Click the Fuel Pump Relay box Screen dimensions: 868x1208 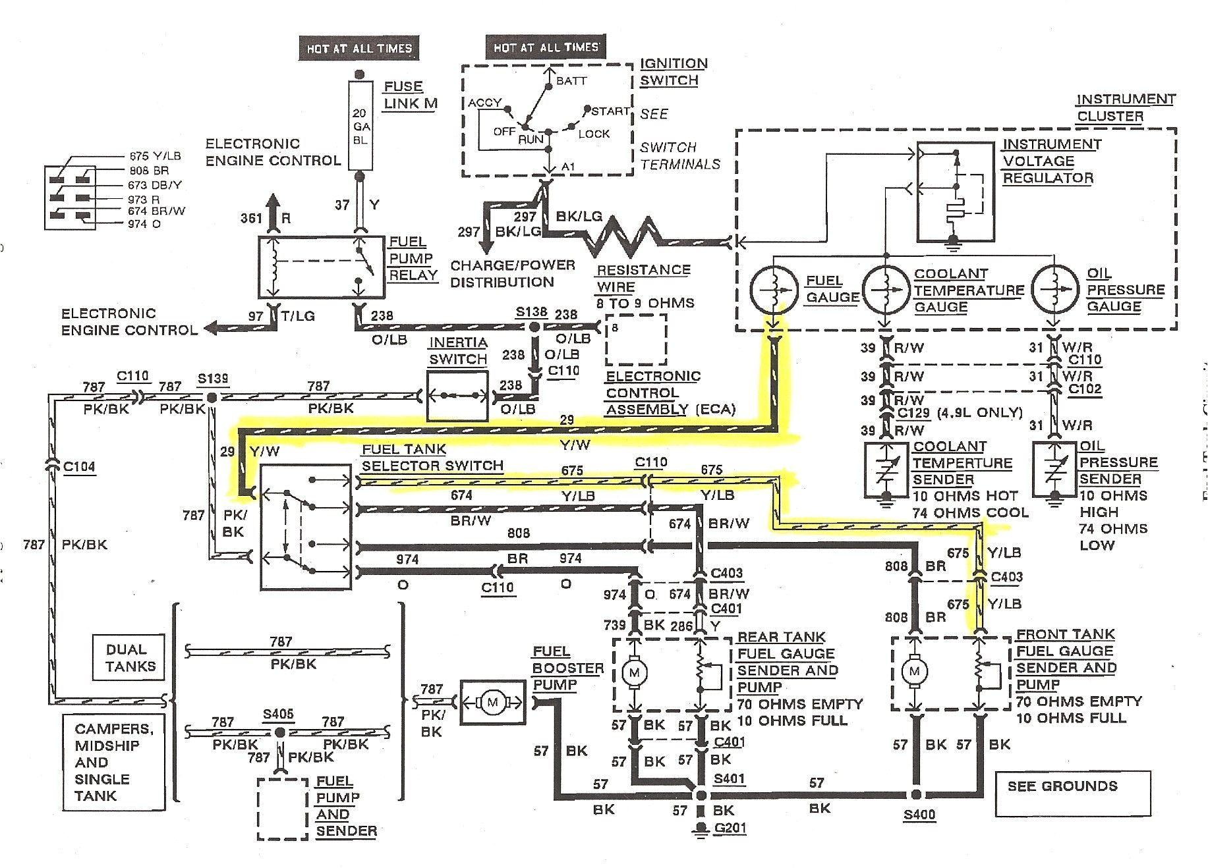320,267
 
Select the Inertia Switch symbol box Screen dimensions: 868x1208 457,396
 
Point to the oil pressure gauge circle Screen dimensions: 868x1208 1054,288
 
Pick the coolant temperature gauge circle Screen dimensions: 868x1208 886,288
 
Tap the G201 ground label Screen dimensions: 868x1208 730,828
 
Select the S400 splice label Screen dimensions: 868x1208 919,815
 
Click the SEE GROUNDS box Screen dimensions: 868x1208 1072,794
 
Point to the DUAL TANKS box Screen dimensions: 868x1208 130,657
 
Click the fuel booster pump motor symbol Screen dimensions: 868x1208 492,703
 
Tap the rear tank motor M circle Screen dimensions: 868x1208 635,672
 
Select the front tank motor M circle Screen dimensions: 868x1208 914,672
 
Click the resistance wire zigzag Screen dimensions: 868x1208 623,236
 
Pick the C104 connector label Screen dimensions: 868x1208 79,467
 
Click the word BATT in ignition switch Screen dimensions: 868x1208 571,81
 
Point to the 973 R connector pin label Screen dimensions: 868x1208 144,200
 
